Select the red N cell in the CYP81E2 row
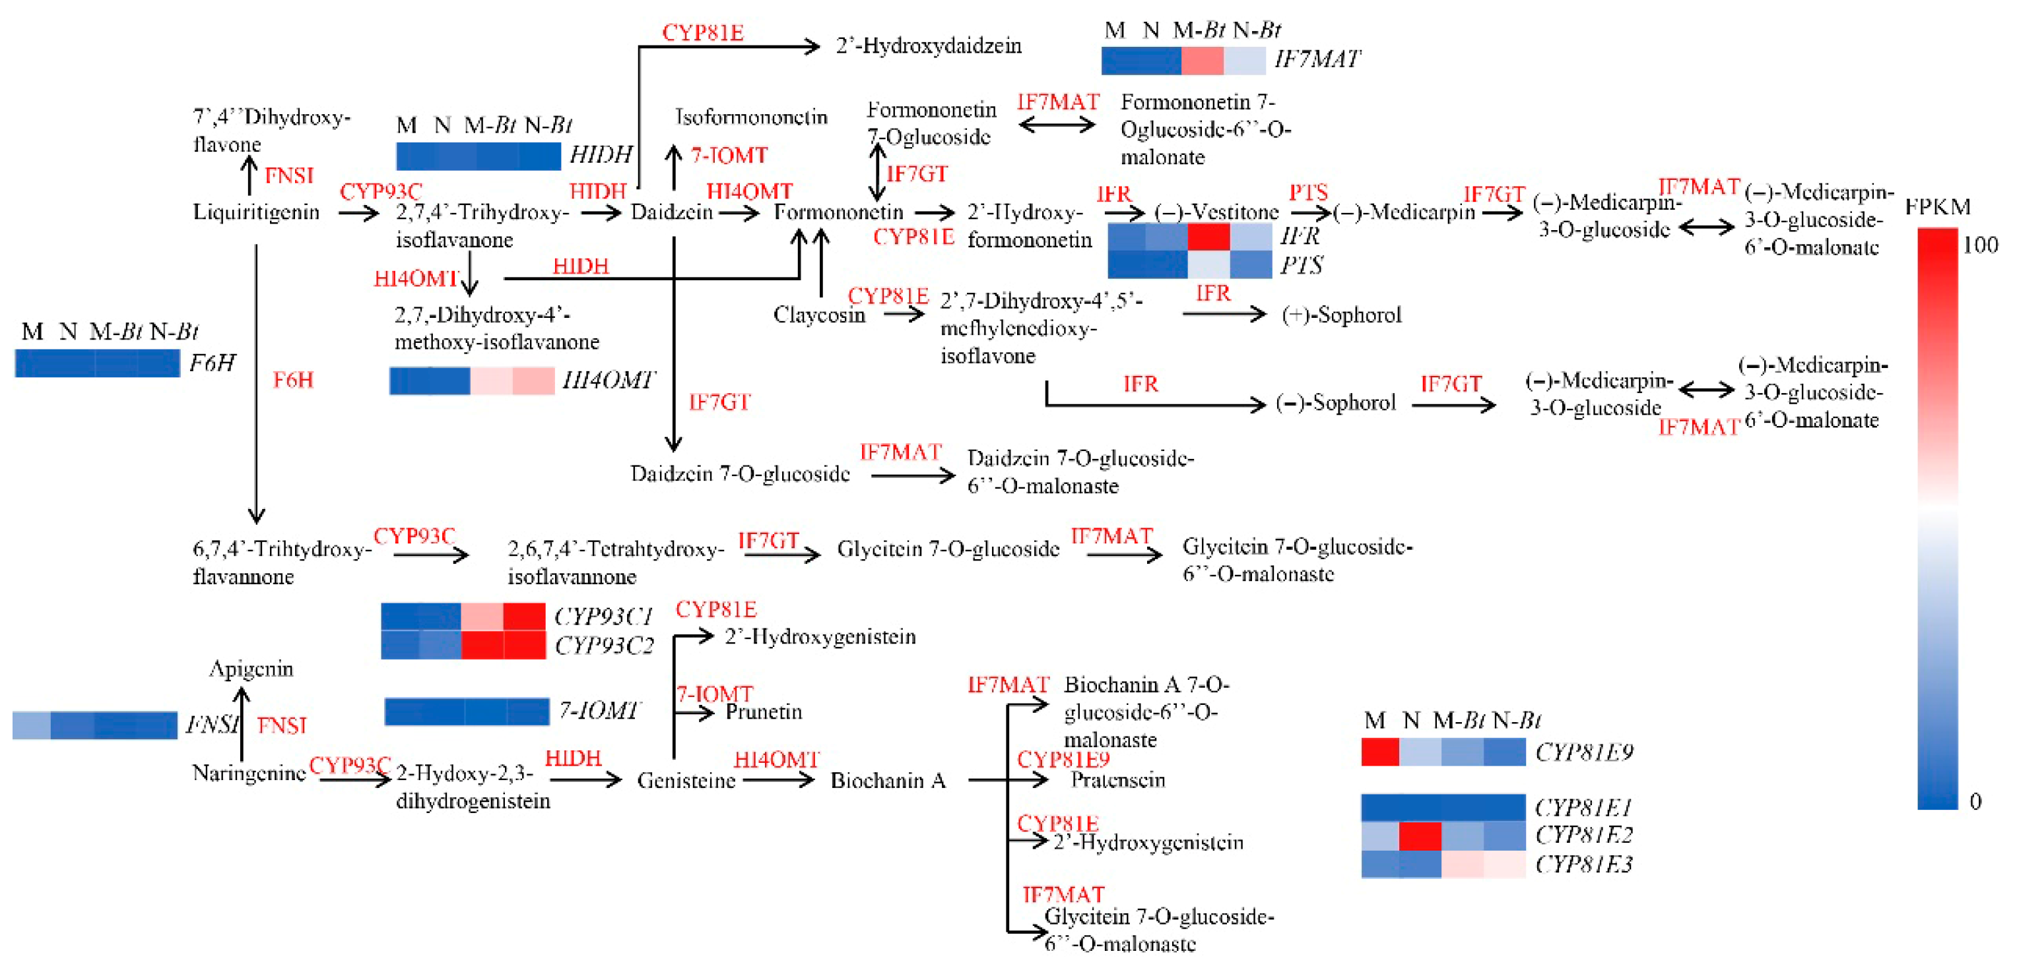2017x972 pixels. [1420, 835]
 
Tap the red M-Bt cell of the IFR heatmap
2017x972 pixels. [1208, 236]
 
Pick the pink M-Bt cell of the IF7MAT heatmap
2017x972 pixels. [1202, 60]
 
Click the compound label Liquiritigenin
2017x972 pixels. [256, 212]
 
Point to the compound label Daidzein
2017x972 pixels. [672, 212]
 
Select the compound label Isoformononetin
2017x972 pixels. [751, 117]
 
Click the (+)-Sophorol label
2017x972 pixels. [1341, 315]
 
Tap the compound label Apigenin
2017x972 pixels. [251, 669]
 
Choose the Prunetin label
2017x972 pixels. [764, 712]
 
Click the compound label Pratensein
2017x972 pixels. [1117, 779]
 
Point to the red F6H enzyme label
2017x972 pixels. [293, 380]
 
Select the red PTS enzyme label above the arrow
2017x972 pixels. [1308, 193]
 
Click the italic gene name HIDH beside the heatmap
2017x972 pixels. [601, 154]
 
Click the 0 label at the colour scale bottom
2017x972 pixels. [1975, 801]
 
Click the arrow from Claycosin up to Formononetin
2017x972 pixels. [821, 262]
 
